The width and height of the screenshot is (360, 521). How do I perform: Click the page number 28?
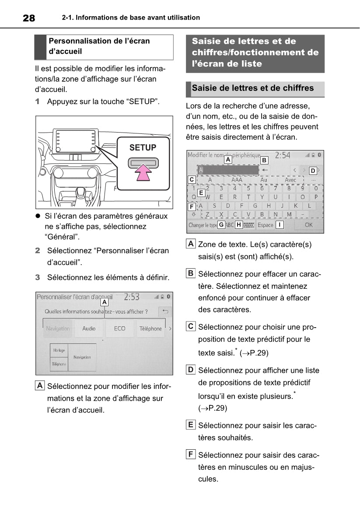click(28, 18)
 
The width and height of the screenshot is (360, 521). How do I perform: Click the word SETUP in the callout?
click(143, 148)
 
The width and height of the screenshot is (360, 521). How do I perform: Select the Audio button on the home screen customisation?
click(89, 329)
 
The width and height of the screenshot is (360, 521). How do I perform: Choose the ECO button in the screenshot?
click(119, 329)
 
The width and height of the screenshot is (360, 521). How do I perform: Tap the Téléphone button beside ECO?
click(150, 329)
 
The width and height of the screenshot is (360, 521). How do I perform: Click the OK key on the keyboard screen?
click(309, 225)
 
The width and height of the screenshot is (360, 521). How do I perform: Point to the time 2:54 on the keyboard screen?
click(282, 155)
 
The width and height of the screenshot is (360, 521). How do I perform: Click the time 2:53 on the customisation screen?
click(132, 297)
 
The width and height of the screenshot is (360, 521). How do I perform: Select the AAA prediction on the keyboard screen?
click(237, 180)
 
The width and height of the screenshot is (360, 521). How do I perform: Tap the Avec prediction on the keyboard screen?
click(290, 180)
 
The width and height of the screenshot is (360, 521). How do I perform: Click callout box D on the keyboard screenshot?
click(313, 170)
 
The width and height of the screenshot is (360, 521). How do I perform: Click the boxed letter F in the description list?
click(191, 455)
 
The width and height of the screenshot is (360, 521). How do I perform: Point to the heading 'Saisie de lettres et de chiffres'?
click(253, 88)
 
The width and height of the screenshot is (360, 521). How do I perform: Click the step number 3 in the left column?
click(38, 277)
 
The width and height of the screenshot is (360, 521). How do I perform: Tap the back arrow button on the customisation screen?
click(165, 311)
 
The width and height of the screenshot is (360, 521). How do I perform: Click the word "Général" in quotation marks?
click(58, 237)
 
